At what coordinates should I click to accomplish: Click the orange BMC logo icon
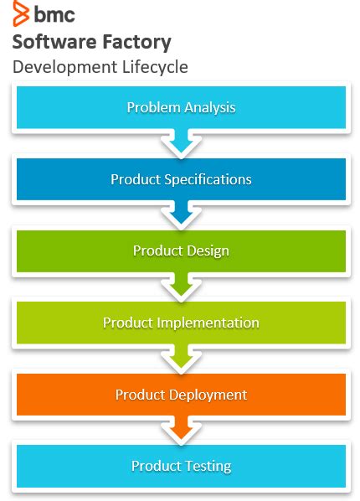click(20, 14)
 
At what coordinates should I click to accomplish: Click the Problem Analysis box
click(181, 107)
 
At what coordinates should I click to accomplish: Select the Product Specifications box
click(181, 179)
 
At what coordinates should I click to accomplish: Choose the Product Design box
click(181, 250)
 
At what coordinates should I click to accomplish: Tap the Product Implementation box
click(181, 323)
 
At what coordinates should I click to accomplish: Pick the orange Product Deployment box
click(181, 394)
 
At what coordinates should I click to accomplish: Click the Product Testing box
click(181, 466)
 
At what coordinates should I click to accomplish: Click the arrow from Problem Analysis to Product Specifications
click(181, 143)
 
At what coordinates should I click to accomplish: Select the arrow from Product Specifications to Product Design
click(181, 215)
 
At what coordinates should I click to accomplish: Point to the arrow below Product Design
click(181, 287)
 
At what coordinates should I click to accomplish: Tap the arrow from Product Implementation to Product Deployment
click(181, 359)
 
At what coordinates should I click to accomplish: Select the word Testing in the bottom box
click(206, 466)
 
